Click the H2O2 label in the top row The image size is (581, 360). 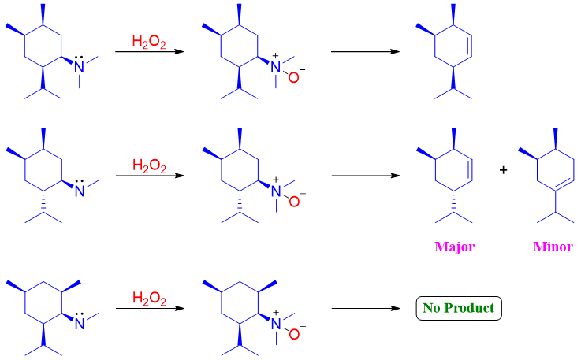tap(149, 40)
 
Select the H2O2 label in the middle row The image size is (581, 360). tap(149, 165)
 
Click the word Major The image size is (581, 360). tap(454, 247)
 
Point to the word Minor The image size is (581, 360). tap(553, 247)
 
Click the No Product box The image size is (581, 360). tap(458, 307)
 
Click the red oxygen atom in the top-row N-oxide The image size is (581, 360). tap(293, 78)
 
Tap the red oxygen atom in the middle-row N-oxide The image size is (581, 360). tap(293, 202)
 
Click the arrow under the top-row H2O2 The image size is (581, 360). tap(149, 52)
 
